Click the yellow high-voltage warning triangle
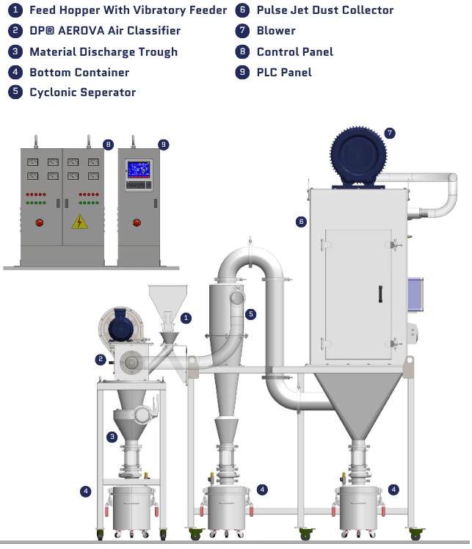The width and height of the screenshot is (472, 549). (x=79, y=222)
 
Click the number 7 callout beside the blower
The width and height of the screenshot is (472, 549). (x=389, y=133)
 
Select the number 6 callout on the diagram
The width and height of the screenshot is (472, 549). (x=301, y=221)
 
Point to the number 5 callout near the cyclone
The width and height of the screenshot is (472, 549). (x=251, y=314)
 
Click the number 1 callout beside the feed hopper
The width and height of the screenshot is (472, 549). (x=186, y=318)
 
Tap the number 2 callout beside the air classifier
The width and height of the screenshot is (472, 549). (x=99, y=359)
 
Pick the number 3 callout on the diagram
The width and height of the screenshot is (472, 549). (x=112, y=437)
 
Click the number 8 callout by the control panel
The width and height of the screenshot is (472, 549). (x=109, y=145)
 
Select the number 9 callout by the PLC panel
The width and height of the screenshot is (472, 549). (x=164, y=145)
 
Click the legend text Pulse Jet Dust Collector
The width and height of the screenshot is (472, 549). (x=325, y=10)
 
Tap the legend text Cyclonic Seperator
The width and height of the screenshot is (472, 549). (x=82, y=92)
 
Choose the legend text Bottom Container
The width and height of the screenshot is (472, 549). (x=79, y=72)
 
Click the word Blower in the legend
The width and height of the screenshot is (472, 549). (x=276, y=31)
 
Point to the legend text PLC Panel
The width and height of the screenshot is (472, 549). (x=284, y=72)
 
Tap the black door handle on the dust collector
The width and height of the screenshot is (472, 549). (x=380, y=293)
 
